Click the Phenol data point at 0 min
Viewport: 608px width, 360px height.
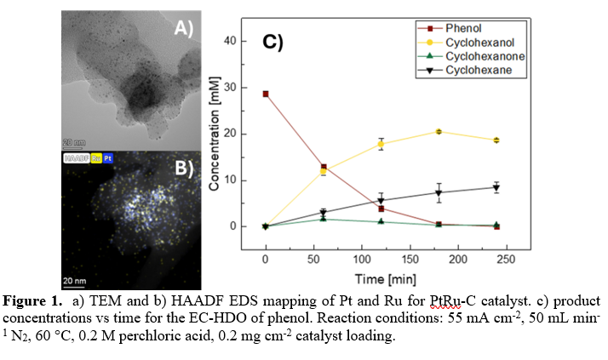click(266, 94)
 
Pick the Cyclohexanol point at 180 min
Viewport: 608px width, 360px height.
click(439, 131)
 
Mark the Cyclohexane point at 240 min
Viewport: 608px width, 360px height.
click(496, 187)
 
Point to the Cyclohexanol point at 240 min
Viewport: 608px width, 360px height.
click(496, 140)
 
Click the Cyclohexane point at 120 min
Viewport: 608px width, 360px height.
click(381, 200)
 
